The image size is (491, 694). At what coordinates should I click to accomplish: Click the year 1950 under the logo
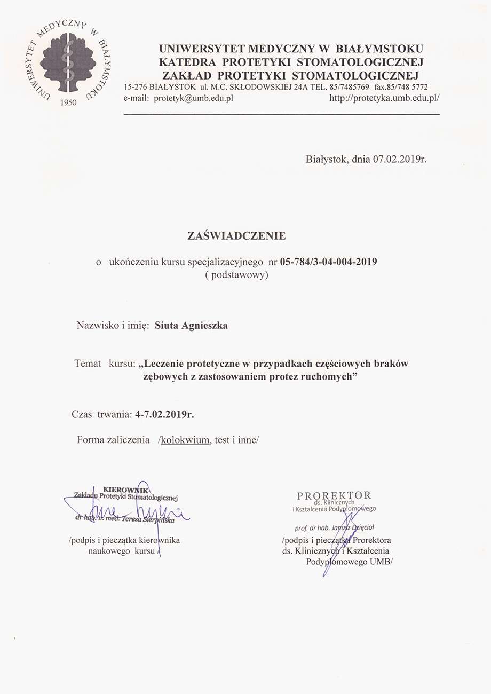[x=69, y=101]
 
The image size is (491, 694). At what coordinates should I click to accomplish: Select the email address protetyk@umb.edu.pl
[x=193, y=98]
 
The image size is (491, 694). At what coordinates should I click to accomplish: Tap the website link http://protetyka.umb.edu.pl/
[x=384, y=98]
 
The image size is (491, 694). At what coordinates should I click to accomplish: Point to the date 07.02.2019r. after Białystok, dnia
[x=400, y=159]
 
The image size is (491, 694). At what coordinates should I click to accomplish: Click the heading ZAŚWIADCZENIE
[x=237, y=235]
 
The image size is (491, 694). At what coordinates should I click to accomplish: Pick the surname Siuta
[x=167, y=325]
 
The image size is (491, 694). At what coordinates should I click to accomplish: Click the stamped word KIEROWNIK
[x=125, y=488]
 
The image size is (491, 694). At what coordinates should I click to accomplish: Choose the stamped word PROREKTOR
[x=334, y=495]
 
